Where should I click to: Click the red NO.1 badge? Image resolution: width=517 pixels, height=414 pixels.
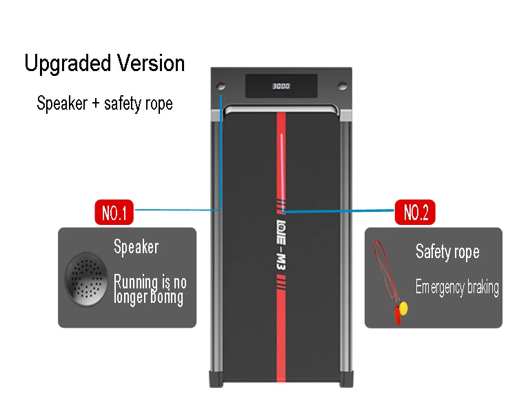pos(114,213)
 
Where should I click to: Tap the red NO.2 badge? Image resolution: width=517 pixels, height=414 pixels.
pos(415,213)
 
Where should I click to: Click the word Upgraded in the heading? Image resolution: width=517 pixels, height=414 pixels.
pos(64,63)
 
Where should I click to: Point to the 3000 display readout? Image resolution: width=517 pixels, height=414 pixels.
pos(281,87)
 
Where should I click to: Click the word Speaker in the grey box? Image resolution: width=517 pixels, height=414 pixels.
pos(136,247)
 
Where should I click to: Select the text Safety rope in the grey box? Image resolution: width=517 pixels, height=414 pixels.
pos(447,252)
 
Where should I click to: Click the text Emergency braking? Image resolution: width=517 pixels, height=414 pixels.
pos(457,287)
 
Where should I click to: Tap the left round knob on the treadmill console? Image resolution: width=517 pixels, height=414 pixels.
pos(221,88)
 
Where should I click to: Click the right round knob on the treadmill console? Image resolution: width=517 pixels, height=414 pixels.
pos(341,87)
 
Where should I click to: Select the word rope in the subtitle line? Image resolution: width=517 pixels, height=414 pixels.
pos(158,104)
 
